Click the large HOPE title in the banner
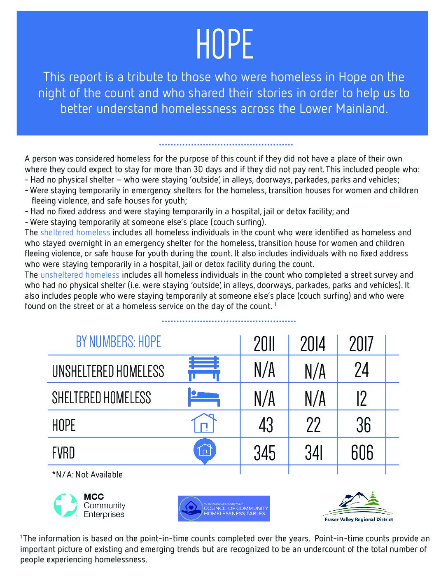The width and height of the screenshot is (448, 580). click(x=224, y=44)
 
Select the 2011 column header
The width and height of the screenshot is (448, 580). click(x=264, y=344)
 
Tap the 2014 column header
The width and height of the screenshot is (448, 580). click(x=313, y=344)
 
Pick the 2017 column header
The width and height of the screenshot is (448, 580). click(x=361, y=344)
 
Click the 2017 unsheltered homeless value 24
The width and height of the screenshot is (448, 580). click(x=362, y=370)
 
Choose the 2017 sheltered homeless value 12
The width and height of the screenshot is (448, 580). click(x=362, y=398)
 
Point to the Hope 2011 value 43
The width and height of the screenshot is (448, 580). click(x=266, y=425)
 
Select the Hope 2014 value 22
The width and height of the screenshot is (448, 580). click(x=313, y=425)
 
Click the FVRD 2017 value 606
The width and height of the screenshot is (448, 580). click(x=362, y=453)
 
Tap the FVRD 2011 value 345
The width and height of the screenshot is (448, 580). click(x=264, y=453)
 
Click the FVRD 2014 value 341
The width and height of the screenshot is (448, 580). click(x=313, y=453)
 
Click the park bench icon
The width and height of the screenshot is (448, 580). click(x=204, y=368)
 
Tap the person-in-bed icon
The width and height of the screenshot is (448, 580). click(x=204, y=397)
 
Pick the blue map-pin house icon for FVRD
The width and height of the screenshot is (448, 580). click(x=205, y=451)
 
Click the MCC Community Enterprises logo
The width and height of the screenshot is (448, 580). click(x=89, y=505)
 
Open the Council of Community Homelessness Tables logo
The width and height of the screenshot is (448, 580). click(x=224, y=508)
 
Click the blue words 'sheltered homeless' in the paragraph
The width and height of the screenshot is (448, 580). click(x=75, y=233)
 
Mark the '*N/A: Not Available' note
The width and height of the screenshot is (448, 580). click(x=87, y=475)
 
